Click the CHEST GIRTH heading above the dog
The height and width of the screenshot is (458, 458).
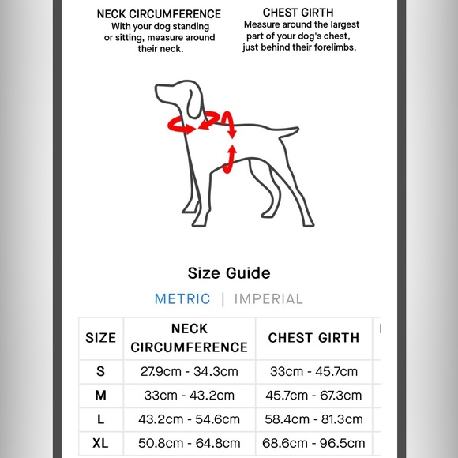click(299, 13)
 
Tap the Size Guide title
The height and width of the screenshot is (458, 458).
click(229, 273)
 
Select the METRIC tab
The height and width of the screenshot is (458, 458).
click(182, 299)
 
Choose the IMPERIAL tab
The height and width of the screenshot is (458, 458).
click(268, 299)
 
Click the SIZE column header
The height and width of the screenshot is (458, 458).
click(100, 338)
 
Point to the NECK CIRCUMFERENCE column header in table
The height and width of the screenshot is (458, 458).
click(189, 338)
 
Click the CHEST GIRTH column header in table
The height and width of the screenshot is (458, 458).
click(313, 338)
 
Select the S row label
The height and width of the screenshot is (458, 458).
click(100, 371)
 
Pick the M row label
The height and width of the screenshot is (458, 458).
click(100, 395)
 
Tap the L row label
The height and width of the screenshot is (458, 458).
click(100, 419)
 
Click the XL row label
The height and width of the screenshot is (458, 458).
click(100, 444)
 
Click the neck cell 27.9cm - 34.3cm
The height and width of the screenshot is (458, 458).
click(189, 371)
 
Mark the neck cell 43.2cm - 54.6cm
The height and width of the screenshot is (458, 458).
click(189, 419)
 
